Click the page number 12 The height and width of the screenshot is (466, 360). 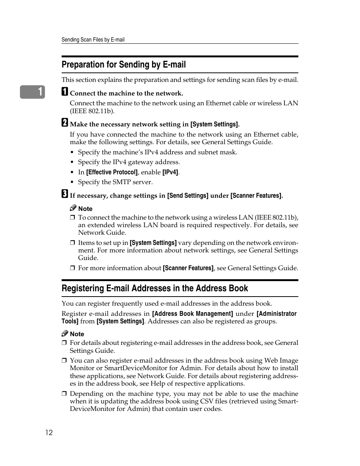pyautogui.click(x=49, y=432)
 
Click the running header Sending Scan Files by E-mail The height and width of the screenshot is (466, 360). pyautogui.click(x=93, y=40)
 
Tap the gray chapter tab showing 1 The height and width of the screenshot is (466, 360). pyautogui.click(x=33, y=92)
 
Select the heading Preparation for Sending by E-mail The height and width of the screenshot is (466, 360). pyautogui.click(x=123, y=65)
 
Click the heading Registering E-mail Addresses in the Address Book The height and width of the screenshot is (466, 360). pyautogui.click(x=155, y=288)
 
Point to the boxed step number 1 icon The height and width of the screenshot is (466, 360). pyautogui.click(x=65, y=92)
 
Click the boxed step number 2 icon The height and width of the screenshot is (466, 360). pyautogui.click(x=65, y=123)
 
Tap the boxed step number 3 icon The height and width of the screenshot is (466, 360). pyautogui.click(x=65, y=194)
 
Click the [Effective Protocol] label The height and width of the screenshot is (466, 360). pyautogui.click(x=112, y=172)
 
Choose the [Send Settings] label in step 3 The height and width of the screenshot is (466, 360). pyautogui.click(x=188, y=195)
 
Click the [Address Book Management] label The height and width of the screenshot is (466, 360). pyautogui.click(x=192, y=314)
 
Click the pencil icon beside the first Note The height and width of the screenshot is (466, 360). pyautogui.click(x=73, y=208)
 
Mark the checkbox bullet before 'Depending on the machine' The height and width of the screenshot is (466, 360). pyautogui.click(x=64, y=394)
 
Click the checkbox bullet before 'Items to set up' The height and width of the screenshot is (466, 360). pyautogui.click(x=72, y=243)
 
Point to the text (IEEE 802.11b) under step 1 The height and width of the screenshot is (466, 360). pyautogui.click(x=92, y=111)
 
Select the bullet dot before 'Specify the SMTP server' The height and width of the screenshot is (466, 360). pyautogui.click(x=72, y=182)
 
